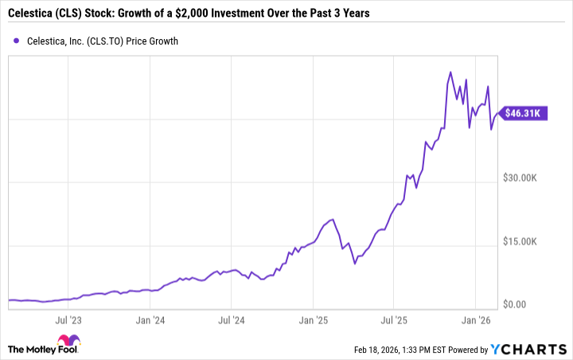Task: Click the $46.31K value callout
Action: [526, 114]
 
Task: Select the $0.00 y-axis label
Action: [516, 305]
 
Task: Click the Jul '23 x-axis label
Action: [68, 321]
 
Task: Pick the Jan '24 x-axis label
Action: [150, 321]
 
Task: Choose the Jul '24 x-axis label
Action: [231, 321]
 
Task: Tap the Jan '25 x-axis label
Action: [313, 321]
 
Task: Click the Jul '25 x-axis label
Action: [394, 321]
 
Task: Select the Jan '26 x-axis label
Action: [476, 321]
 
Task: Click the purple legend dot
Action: [16, 41]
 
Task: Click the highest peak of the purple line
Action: [451, 72]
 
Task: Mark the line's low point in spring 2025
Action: [355, 262]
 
